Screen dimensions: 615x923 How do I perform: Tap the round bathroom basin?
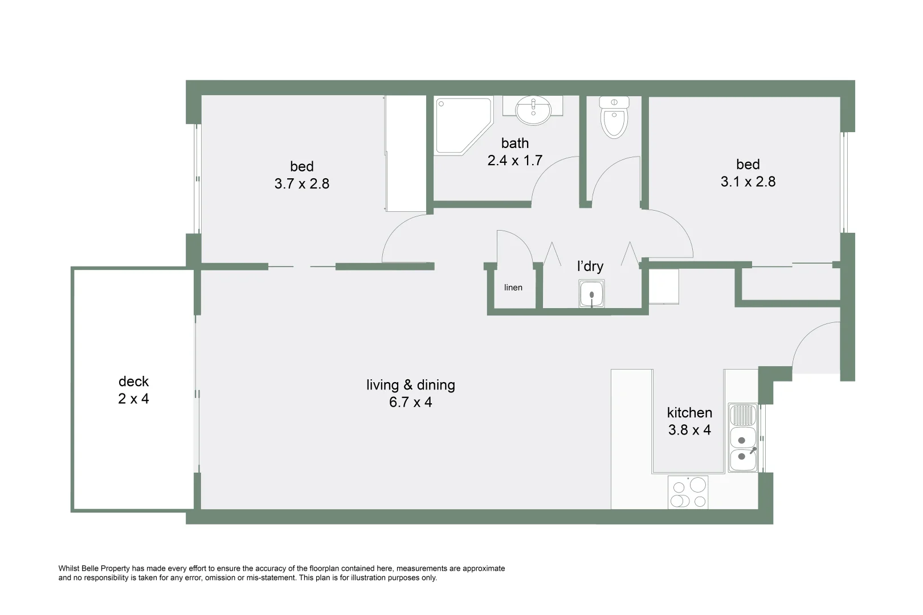tap(533, 110)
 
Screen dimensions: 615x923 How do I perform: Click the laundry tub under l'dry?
tap(591, 294)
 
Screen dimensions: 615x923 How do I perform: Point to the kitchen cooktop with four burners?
tap(688, 493)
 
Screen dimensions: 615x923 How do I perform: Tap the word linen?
tap(513, 288)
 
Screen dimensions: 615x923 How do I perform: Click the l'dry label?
tap(590, 266)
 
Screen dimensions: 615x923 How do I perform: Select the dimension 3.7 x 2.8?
tap(301, 184)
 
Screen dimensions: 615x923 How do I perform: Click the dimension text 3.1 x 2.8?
tap(748, 182)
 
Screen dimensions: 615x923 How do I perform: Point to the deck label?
tap(133, 381)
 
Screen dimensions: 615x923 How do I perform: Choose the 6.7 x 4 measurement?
tap(410, 403)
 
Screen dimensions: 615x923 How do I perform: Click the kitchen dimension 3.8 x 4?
tap(689, 430)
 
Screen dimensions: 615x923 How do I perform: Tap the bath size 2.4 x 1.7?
tap(514, 161)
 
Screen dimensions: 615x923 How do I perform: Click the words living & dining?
tap(410, 385)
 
